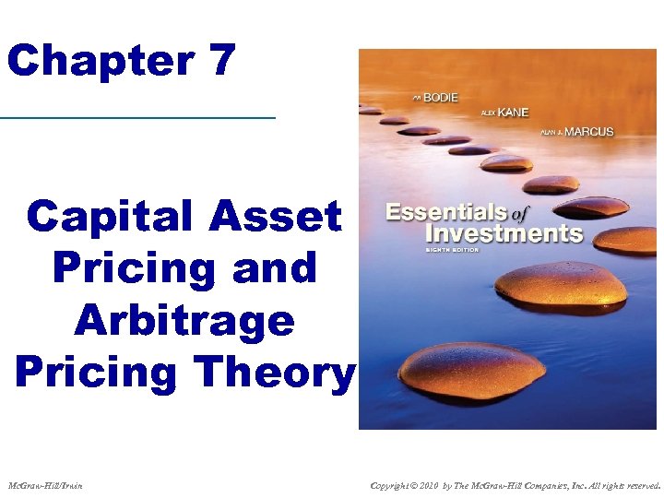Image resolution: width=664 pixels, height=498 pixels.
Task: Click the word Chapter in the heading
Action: (x=100, y=62)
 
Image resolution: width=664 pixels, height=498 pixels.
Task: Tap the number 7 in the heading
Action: (x=222, y=62)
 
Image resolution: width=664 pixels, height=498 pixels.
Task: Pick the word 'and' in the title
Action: (x=276, y=268)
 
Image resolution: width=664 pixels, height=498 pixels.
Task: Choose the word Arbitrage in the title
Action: (x=184, y=320)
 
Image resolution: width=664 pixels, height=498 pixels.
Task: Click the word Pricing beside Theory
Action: (x=96, y=372)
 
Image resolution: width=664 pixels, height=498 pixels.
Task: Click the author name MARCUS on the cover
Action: (x=588, y=132)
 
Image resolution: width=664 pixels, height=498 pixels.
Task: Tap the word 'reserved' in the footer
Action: (x=639, y=485)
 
